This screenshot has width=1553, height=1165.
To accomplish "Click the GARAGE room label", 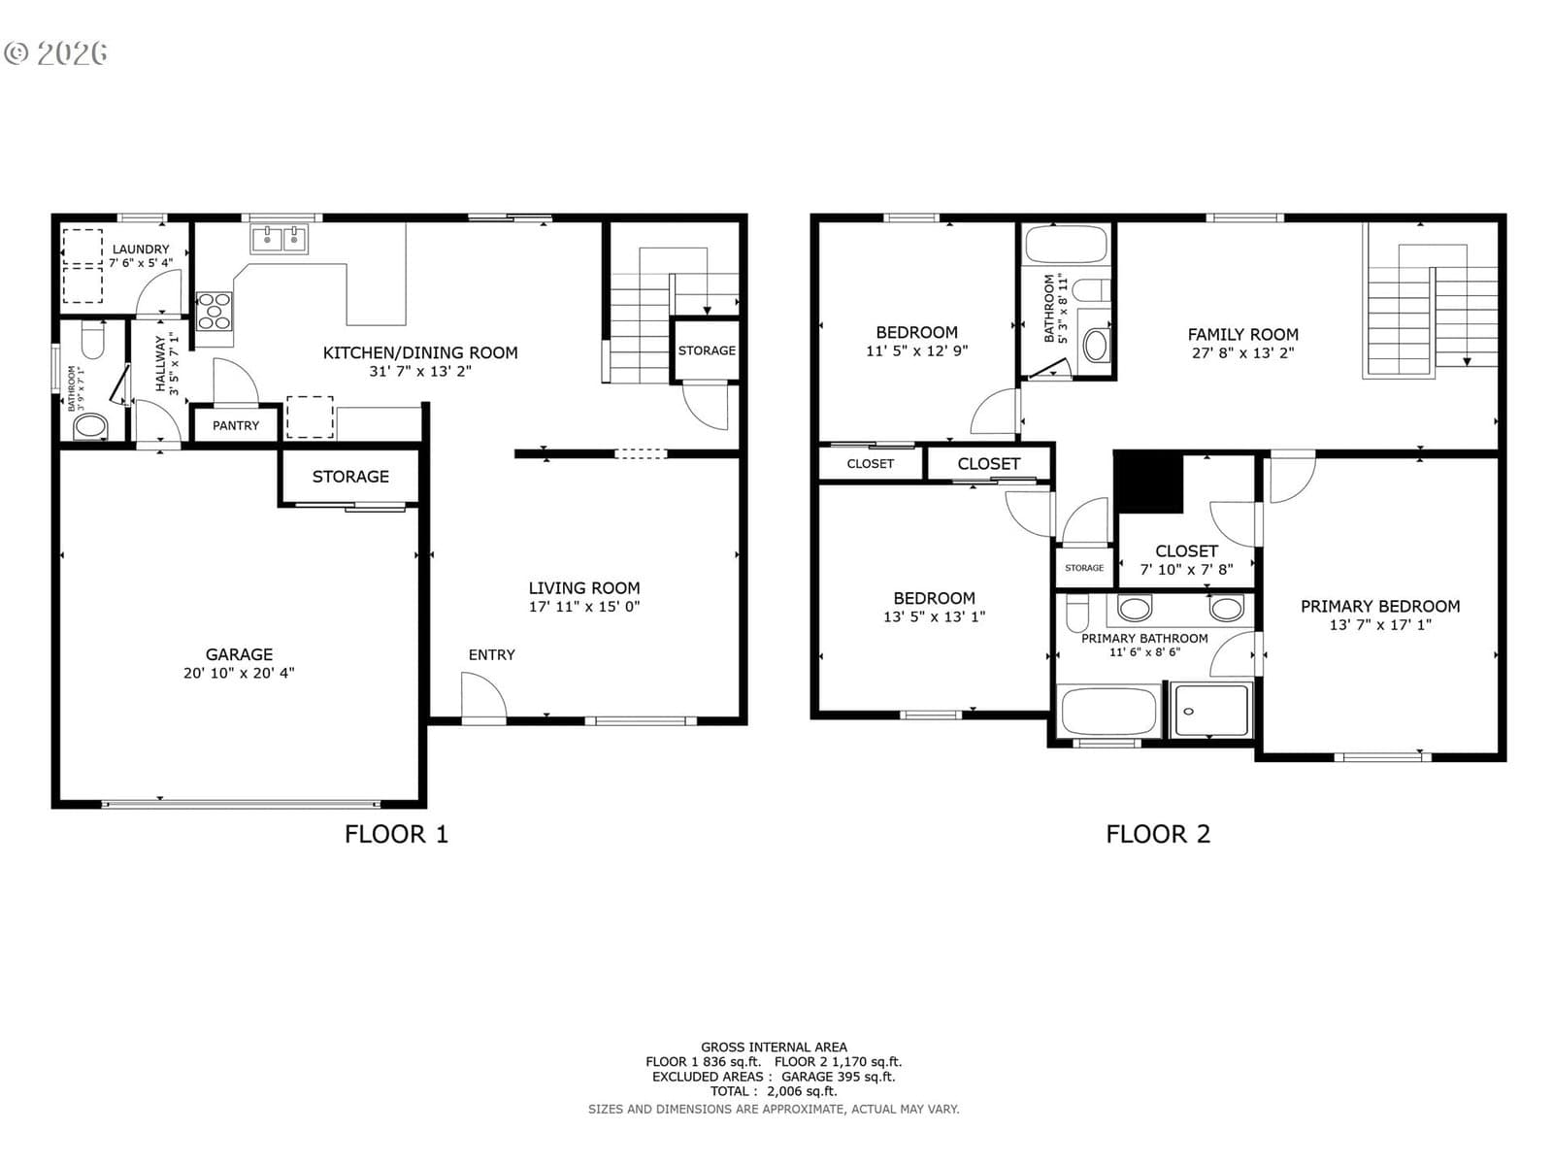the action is click(239, 654).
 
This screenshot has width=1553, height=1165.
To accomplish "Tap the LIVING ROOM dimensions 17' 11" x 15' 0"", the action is click(583, 606).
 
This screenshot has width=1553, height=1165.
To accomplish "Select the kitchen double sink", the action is click(279, 239).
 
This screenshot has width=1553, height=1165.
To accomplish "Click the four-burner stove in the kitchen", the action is click(215, 312).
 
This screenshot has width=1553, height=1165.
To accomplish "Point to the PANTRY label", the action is click(236, 425).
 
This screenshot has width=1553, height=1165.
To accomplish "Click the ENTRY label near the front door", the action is click(491, 655).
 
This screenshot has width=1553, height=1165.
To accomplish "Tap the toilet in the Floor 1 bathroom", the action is click(92, 340).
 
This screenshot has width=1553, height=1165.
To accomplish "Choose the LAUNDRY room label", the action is click(141, 249).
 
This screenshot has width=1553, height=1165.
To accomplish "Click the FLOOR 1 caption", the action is click(396, 834).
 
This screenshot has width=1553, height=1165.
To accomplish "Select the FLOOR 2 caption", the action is click(1158, 834).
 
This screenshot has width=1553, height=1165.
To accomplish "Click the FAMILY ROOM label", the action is click(1242, 334).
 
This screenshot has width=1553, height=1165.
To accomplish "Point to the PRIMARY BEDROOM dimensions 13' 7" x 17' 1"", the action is click(1379, 624).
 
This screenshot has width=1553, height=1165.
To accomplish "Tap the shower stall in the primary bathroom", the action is click(1210, 710).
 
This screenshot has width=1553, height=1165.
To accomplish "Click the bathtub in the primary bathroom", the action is click(1108, 711).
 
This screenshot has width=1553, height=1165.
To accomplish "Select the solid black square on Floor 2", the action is click(1148, 483).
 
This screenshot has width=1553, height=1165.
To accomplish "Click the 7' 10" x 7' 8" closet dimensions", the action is click(1186, 570).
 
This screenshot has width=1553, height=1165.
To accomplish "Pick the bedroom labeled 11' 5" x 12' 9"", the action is click(916, 332).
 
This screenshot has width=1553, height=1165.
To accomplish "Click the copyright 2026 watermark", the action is click(55, 53).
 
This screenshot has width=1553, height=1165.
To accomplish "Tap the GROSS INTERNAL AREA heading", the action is click(774, 1047).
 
